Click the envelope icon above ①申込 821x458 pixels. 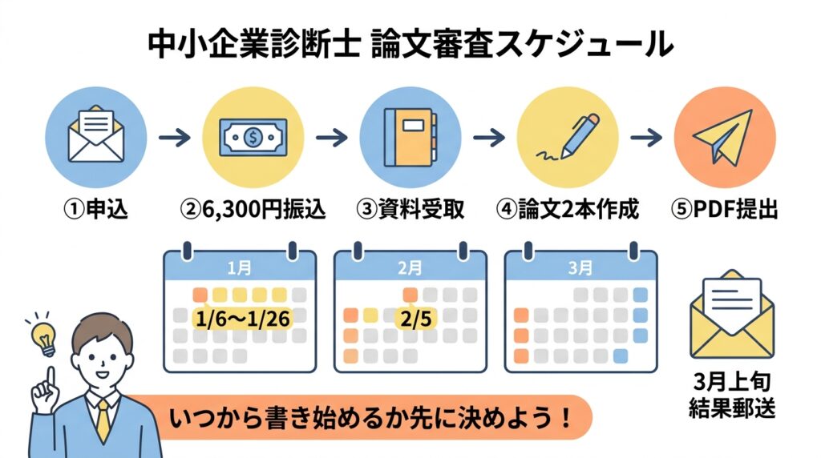(96, 138)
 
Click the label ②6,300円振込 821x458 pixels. (253, 210)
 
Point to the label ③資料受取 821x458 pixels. (410, 210)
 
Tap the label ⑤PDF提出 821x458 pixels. (725, 210)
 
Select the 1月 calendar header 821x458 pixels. (240, 267)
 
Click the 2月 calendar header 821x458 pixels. (410, 267)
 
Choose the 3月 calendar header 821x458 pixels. (580, 267)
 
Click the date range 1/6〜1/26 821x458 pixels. (242, 318)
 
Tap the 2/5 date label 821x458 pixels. (415, 318)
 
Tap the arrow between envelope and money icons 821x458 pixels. (174, 139)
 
